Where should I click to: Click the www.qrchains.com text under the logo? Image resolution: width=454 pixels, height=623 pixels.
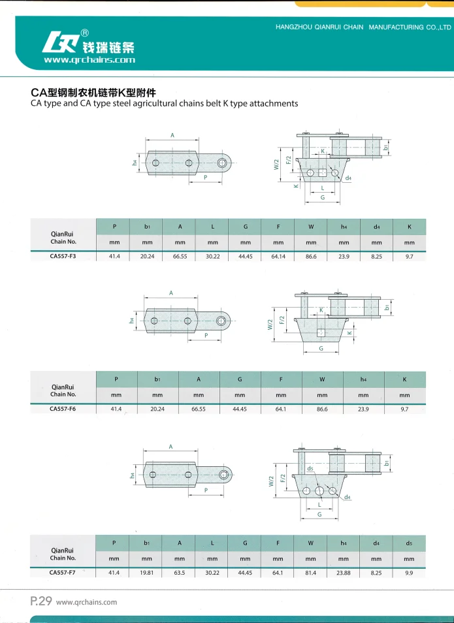point(89,60)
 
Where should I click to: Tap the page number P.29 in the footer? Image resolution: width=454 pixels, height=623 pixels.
point(41,602)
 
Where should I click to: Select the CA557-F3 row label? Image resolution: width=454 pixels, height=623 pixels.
point(63,257)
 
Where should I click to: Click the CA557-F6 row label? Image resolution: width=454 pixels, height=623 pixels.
point(63,409)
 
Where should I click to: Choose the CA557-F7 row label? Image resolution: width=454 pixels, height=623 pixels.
point(63,573)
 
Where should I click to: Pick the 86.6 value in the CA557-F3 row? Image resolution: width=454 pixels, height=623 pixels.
point(311,257)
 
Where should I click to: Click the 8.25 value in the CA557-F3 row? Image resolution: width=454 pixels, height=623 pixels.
point(376,257)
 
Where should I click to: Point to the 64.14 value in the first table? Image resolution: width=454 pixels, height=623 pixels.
point(278,257)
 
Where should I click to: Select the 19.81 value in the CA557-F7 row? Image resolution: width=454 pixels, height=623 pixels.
point(146,573)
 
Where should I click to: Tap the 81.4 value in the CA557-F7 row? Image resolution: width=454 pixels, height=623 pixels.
point(310,573)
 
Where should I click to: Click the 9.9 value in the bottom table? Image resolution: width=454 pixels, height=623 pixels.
point(409,573)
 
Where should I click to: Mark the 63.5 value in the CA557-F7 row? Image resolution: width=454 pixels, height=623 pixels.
point(180,573)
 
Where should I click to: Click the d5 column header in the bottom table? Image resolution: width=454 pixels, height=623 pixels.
point(409,543)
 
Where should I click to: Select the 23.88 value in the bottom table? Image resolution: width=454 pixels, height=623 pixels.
point(343,573)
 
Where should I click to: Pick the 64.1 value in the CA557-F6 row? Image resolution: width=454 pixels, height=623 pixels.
point(281,409)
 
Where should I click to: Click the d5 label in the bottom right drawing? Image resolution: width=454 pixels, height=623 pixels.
point(310,468)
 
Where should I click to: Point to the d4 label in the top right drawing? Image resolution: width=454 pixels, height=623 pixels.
point(348,178)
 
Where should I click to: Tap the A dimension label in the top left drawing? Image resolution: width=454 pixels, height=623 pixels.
point(172,135)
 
